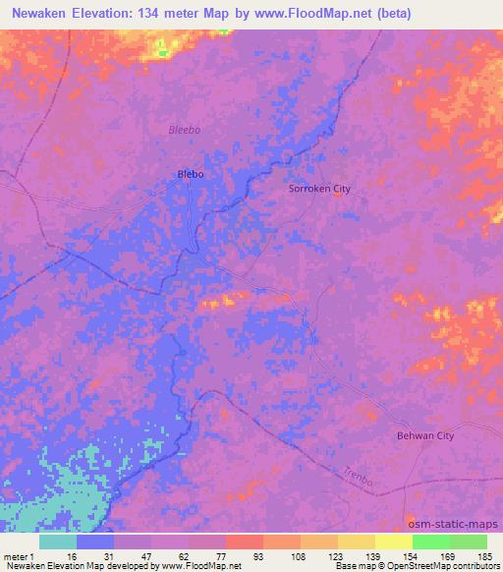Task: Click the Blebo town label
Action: (191, 174)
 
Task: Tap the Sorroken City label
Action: (319, 189)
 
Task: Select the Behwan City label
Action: (425, 435)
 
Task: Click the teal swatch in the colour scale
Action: (58, 542)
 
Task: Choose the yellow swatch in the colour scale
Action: (394, 542)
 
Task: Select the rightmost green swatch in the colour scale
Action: (469, 542)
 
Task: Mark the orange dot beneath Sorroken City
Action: (338, 195)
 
